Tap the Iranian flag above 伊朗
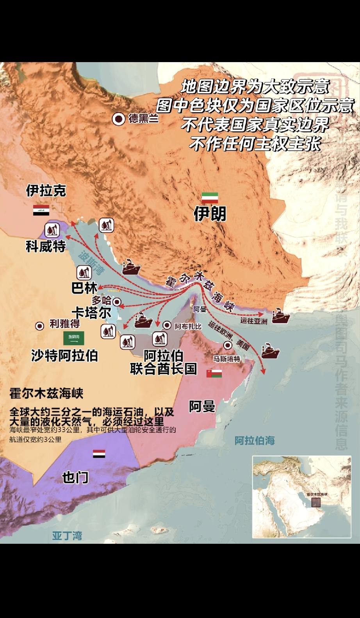click(210, 198)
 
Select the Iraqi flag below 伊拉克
click(41, 210)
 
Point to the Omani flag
click(214, 373)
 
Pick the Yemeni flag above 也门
click(99, 454)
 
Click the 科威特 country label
click(46, 246)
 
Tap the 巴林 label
click(84, 288)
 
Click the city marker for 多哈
click(117, 301)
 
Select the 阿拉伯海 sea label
click(255, 441)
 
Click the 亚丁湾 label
click(67, 535)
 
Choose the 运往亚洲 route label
click(254, 321)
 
